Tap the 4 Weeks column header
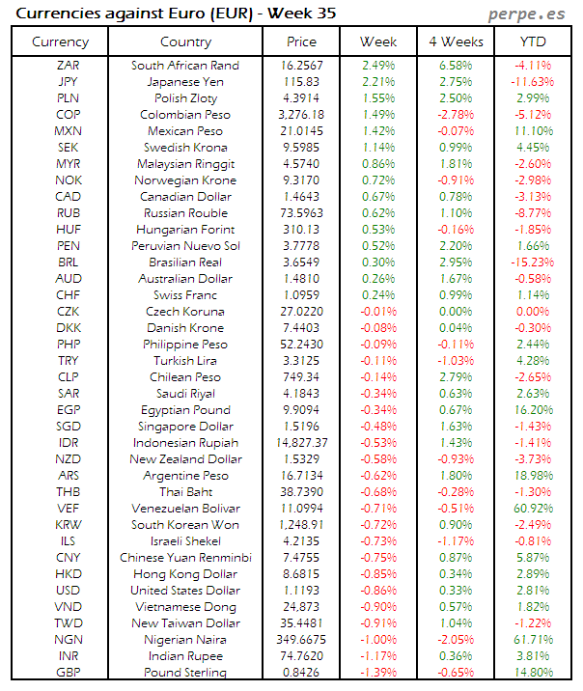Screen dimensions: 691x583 [455, 41]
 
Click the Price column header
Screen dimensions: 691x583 [302, 41]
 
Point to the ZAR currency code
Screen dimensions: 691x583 [69, 66]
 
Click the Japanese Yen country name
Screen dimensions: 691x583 [185, 82]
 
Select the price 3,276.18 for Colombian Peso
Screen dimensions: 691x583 [302, 115]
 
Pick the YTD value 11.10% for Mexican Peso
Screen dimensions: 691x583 [534, 131]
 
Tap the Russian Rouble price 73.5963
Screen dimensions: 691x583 [302, 213]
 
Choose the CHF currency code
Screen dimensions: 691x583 [69, 295]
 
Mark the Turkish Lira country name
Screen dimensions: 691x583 [185, 361]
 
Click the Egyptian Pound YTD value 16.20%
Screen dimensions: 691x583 [534, 410]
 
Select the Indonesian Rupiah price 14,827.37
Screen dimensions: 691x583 [302, 443]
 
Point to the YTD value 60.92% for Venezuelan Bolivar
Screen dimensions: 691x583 [534, 509]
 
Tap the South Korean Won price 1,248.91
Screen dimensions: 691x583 [302, 525]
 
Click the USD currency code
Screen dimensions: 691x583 [69, 591]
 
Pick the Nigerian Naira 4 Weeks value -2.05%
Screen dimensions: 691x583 [455, 640]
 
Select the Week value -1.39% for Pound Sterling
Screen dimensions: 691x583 [378, 673]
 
